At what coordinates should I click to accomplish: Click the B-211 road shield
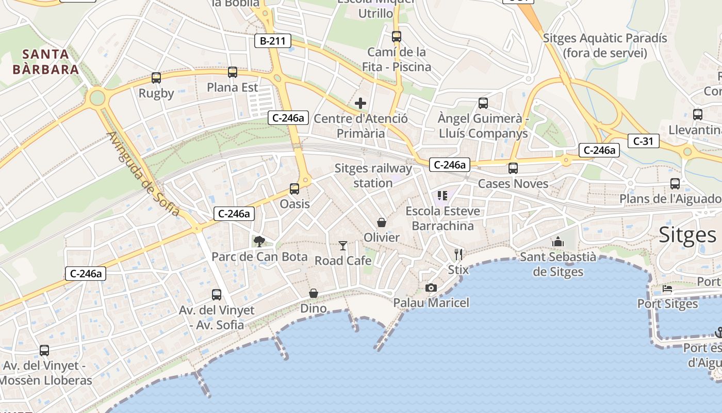[273, 41]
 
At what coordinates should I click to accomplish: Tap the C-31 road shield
[643, 140]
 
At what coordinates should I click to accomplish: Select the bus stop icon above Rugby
[156, 78]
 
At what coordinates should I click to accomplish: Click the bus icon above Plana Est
[233, 72]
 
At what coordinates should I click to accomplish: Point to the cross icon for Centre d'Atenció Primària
[360, 103]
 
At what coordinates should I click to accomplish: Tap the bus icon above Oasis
[294, 189]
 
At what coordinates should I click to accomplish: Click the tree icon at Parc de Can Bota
[259, 241]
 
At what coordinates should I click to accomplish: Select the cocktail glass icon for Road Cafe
[343, 245]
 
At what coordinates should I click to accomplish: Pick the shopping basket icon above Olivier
[382, 223]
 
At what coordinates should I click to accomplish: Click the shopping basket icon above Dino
[314, 293]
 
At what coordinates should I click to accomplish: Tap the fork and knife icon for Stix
[458, 254]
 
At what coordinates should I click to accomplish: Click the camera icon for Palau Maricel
[431, 288]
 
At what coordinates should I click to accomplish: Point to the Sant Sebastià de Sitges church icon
[558, 242]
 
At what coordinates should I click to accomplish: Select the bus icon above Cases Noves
[513, 168]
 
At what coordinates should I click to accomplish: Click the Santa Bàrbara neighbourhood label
[46, 61]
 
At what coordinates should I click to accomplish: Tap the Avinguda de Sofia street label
[143, 174]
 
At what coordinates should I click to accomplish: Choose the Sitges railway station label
[373, 176]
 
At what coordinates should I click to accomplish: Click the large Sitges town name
[688, 235]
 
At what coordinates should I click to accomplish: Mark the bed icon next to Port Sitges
[667, 289]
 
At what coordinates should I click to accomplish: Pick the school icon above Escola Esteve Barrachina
[442, 195]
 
